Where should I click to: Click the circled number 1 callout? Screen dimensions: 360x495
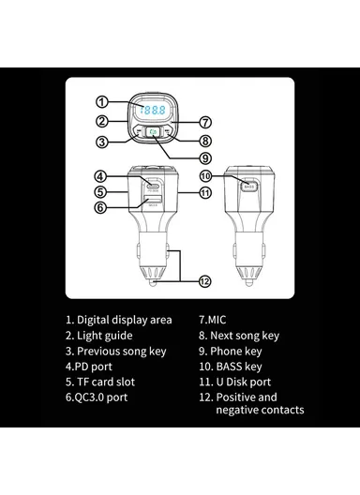click(x=101, y=102)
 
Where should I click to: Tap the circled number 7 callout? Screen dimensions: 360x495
click(x=205, y=122)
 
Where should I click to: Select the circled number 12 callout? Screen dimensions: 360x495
click(x=205, y=281)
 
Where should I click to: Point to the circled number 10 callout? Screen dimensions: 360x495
click(x=205, y=176)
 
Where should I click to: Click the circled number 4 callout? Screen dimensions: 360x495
click(x=100, y=176)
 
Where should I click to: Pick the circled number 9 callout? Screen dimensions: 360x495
click(x=205, y=157)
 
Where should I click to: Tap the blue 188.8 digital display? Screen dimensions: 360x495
click(x=153, y=110)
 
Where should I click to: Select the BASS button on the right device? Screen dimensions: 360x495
click(x=249, y=187)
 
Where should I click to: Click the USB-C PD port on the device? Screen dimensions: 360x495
click(x=153, y=185)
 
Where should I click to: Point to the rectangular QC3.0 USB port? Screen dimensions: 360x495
click(x=153, y=199)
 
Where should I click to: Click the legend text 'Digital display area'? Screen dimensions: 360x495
click(x=125, y=320)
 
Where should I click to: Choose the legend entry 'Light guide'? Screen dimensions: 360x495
click(x=105, y=336)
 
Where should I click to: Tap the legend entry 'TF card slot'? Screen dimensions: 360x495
click(x=106, y=382)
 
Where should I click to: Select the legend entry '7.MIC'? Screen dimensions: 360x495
click(x=213, y=320)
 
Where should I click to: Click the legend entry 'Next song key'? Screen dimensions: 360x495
click(x=245, y=336)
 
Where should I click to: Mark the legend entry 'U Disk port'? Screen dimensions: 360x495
click(x=244, y=382)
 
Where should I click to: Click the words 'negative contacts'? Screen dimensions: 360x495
click(x=260, y=410)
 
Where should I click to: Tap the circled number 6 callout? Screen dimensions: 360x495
click(x=100, y=207)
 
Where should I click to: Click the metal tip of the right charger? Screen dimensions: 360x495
click(x=249, y=282)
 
